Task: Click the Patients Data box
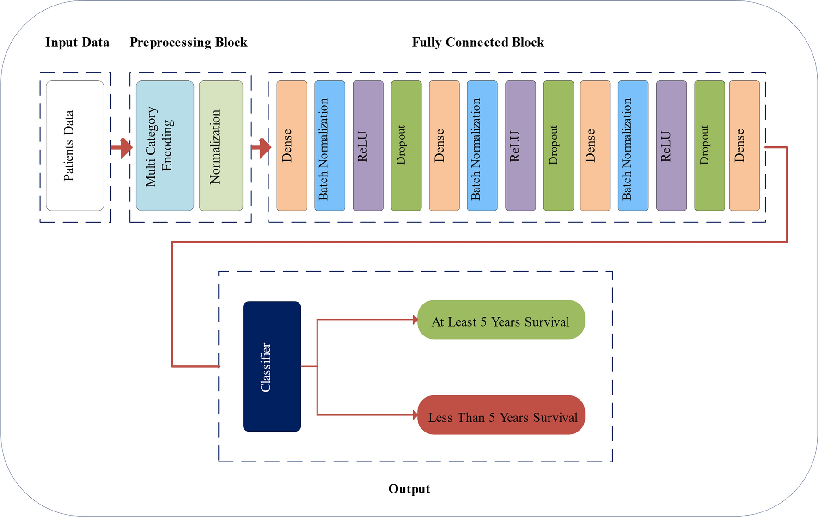[x=75, y=146]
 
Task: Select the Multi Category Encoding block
[x=165, y=146]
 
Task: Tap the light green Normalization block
[x=221, y=146]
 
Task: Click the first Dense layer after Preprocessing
[x=292, y=146]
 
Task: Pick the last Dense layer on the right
[x=744, y=146]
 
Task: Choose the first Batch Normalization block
[x=330, y=146]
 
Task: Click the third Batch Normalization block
[x=633, y=146]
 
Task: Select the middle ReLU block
[x=520, y=146]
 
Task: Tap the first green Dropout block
[x=406, y=146]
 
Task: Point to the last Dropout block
[x=709, y=146]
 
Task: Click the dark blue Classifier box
[x=272, y=366]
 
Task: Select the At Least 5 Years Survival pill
[x=501, y=320]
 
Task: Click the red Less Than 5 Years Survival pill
[x=501, y=415]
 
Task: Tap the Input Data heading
[x=77, y=43]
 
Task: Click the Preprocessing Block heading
[x=189, y=43]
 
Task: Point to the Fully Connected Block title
[x=478, y=43]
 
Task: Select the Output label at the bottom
[x=409, y=489]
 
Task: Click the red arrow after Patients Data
[x=122, y=148]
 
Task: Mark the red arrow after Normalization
[x=261, y=148]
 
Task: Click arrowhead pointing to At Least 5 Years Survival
[x=415, y=319]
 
